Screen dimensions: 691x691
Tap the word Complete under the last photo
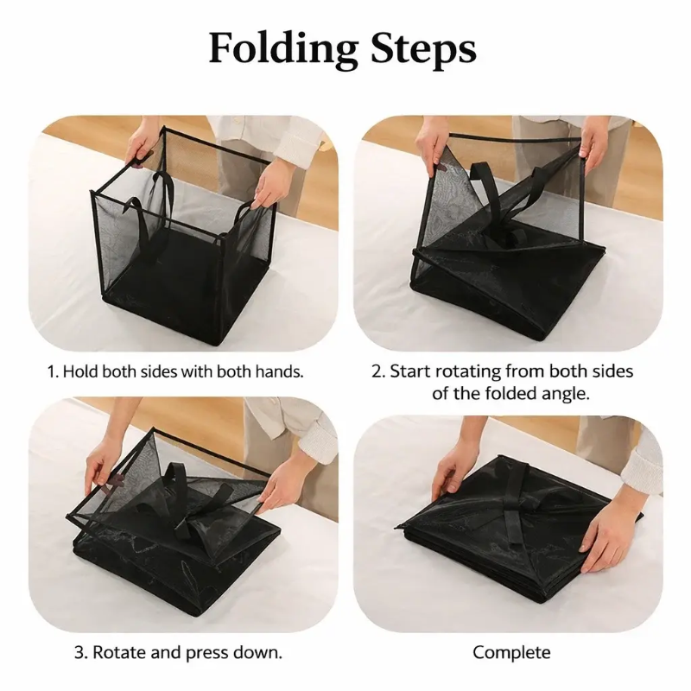[511, 653]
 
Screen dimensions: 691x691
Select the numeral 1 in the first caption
[52, 371]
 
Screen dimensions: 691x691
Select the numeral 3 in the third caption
[79, 652]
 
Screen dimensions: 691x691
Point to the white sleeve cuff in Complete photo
[642, 467]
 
